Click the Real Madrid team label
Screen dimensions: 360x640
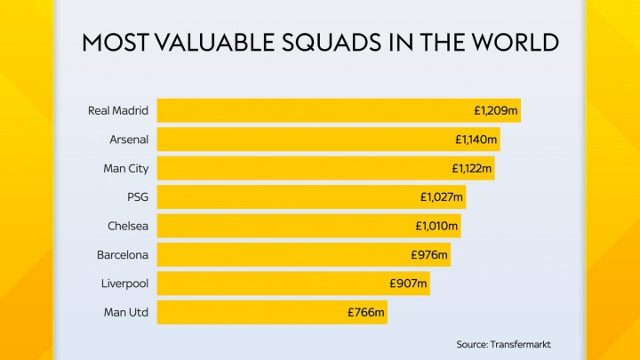[x=117, y=111]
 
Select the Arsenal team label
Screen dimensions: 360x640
[x=129, y=140]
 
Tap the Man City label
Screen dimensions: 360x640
[x=126, y=169]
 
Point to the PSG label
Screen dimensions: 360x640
[x=138, y=197]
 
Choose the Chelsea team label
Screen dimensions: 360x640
[x=128, y=226]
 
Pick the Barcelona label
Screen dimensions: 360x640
[x=123, y=255]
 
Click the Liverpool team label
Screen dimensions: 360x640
[x=124, y=284]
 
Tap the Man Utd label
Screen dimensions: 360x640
[x=127, y=313]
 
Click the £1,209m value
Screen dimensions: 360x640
[x=496, y=111]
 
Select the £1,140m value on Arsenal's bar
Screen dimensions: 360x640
[x=476, y=140]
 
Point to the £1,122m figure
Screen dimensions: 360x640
[x=471, y=169]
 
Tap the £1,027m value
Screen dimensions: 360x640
[x=443, y=197]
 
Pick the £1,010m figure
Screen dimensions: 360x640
[x=437, y=226]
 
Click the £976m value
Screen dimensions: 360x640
[x=429, y=255]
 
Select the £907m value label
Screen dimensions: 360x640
[x=409, y=284]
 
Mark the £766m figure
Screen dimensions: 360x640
[x=366, y=313]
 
